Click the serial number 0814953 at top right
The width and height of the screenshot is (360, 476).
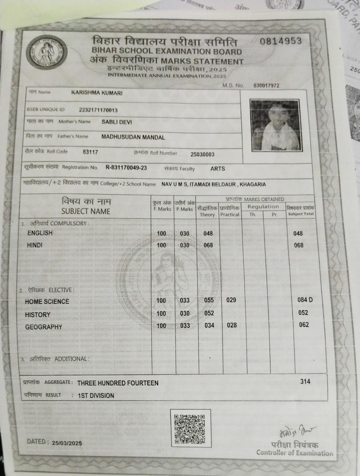(280, 41)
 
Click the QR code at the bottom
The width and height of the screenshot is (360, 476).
(190, 429)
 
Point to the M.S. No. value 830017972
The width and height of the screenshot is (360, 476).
(266, 86)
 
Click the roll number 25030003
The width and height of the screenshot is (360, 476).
(202, 154)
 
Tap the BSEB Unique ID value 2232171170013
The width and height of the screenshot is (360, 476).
(98, 110)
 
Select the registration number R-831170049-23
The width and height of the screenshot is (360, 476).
(126, 168)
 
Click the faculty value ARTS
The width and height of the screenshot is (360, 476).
(218, 168)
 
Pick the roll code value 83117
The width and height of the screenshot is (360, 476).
(90, 152)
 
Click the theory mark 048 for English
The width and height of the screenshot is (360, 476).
(208, 234)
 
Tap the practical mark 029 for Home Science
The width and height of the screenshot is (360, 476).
(231, 300)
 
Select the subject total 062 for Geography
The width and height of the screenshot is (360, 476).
(304, 325)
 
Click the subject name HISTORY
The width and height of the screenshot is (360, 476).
(38, 315)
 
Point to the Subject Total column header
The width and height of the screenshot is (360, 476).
(301, 211)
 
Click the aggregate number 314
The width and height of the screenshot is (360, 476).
(305, 381)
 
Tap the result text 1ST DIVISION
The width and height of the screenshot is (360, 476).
(96, 395)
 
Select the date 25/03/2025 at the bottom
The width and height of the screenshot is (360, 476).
(67, 443)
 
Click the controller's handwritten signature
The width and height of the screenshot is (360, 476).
(296, 432)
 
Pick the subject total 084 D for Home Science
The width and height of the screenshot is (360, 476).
(305, 300)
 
